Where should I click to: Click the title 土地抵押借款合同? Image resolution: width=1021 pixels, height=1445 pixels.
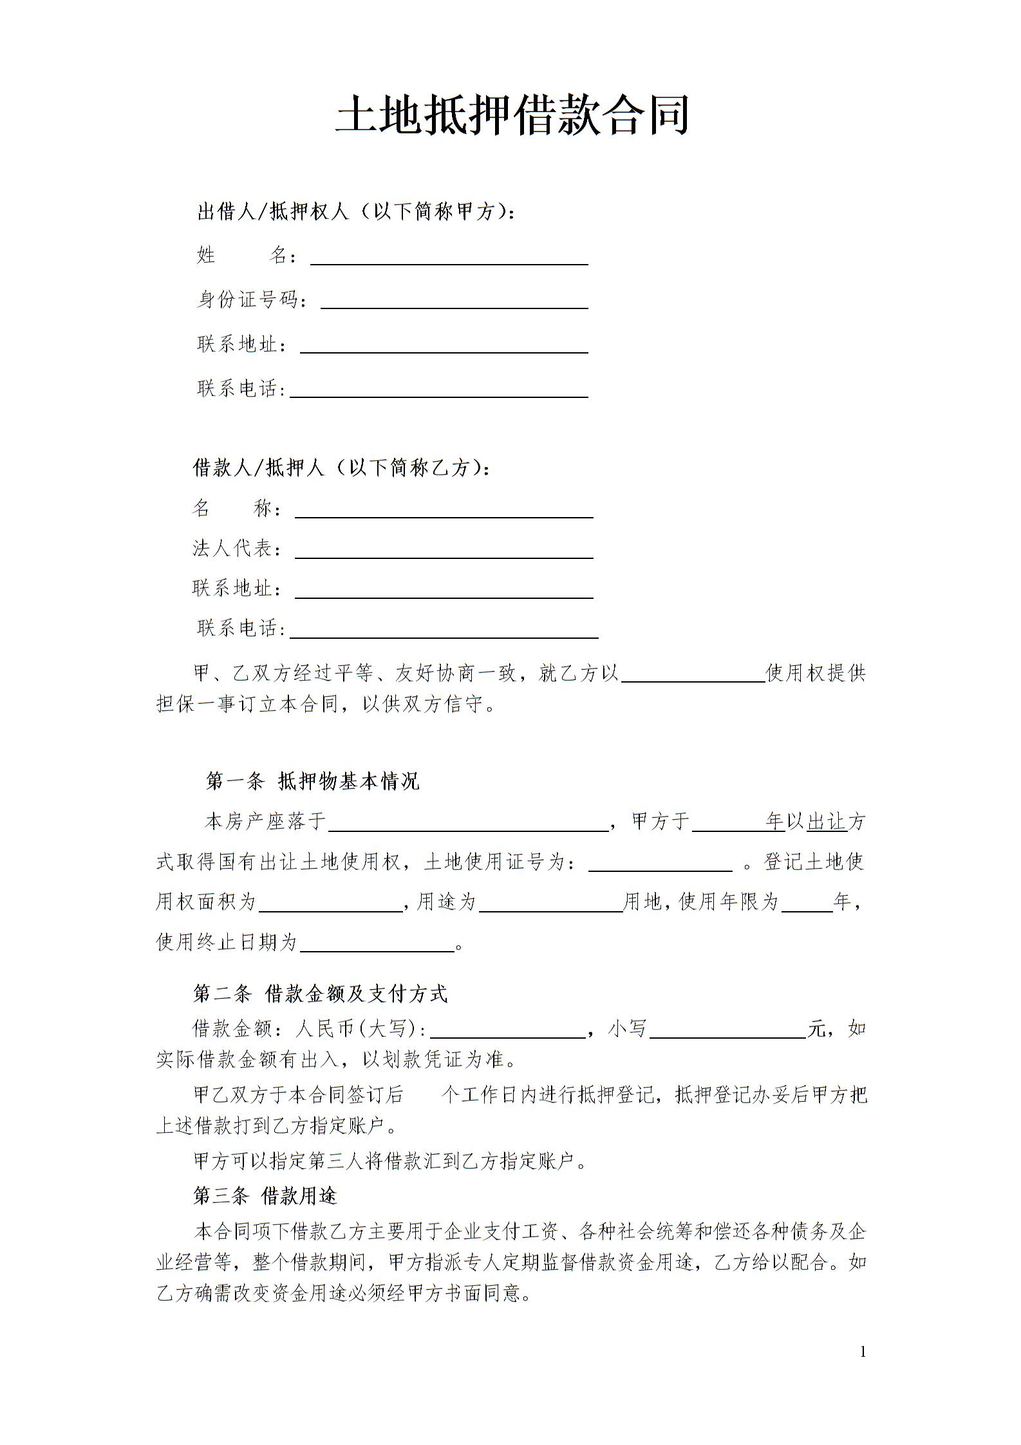point(512,115)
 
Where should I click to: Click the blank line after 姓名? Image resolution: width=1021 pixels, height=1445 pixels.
point(449,258)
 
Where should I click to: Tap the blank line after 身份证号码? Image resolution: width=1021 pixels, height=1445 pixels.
point(454,301)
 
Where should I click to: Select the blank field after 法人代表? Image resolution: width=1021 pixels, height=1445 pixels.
point(444,551)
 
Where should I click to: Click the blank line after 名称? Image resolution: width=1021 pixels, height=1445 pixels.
point(444,511)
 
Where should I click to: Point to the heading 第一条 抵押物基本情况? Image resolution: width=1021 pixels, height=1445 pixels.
point(312,781)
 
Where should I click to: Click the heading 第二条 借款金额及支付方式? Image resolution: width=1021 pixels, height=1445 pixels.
point(320,994)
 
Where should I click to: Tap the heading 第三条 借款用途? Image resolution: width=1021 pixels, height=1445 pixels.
point(265,1196)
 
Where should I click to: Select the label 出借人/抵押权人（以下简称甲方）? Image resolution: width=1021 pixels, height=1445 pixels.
point(356,211)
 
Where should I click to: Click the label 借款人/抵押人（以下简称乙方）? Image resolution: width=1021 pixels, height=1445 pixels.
point(341,467)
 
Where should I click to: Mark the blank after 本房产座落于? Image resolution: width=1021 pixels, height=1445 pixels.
point(468,824)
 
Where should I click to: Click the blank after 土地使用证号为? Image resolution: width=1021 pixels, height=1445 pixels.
point(660,864)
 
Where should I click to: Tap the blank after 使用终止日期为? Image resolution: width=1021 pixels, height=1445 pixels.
point(377,943)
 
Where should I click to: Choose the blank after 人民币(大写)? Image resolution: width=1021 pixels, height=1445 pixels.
point(507,1030)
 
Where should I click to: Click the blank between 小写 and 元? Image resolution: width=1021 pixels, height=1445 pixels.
point(727,1030)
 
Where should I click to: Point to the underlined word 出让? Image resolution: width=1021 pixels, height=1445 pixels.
point(827,822)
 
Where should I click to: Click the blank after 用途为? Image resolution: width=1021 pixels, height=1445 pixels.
point(550,903)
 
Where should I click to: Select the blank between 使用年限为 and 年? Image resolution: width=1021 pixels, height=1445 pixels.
point(807,903)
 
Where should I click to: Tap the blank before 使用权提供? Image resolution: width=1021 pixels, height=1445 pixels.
point(692,674)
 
